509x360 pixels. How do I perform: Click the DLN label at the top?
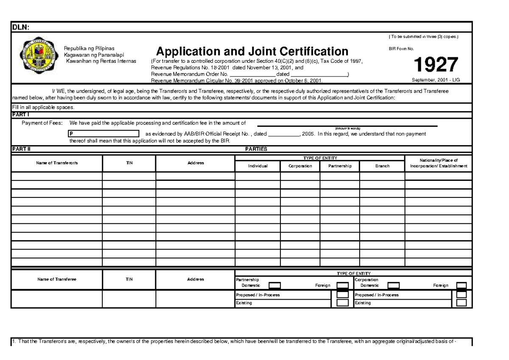click(x=20, y=28)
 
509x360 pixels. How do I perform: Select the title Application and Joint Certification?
click(x=252, y=52)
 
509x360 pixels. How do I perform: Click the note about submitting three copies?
click(x=423, y=37)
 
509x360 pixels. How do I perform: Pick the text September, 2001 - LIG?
click(x=436, y=80)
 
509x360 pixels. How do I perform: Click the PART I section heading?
click(x=20, y=115)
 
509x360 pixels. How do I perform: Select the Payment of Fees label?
click(x=42, y=123)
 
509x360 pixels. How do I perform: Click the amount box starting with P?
click(x=103, y=133)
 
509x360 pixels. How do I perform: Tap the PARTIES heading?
click(x=256, y=149)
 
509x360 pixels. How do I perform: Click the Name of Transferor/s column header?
click(x=57, y=163)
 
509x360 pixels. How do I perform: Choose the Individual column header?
click(x=257, y=166)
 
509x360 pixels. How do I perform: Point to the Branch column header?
click(x=382, y=166)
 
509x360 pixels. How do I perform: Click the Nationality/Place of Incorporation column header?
click(x=438, y=163)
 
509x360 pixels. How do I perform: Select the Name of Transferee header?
click(x=57, y=279)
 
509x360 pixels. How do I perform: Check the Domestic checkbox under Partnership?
click(x=275, y=286)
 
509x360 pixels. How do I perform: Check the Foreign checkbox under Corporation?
click(x=461, y=286)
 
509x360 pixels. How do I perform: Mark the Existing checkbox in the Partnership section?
click(x=342, y=303)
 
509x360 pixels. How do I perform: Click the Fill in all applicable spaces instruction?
click(x=43, y=107)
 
